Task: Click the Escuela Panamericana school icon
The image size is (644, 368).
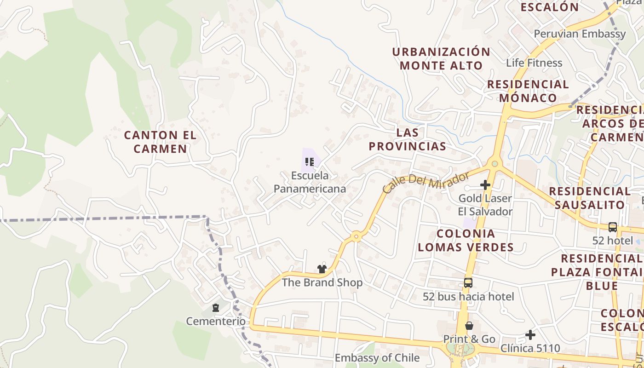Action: coord(310,162)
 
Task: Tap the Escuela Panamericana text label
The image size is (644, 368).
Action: coord(310,182)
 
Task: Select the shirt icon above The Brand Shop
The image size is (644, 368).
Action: coord(322,269)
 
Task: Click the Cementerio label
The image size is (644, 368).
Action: coord(216,321)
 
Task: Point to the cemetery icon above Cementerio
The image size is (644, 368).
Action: coord(216,308)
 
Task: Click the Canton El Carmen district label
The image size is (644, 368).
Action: coord(160,142)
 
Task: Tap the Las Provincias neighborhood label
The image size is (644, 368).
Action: coord(407,139)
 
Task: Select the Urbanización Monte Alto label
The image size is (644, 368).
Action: coord(441,58)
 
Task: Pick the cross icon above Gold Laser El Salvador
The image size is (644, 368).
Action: coord(485,185)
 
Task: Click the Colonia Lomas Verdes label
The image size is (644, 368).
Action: coord(466,240)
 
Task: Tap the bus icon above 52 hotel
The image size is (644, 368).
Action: coord(613,227)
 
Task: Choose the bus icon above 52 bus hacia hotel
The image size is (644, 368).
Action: coord(468,283)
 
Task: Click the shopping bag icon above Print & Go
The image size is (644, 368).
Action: coord(469,326)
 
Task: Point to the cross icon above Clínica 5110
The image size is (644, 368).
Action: coord(530,335)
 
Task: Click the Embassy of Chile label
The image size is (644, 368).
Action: coord(377,358)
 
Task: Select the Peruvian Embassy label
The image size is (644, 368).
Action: coord(580,34)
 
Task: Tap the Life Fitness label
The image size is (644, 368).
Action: coord(534,63)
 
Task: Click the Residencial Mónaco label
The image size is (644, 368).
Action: coord(528,91)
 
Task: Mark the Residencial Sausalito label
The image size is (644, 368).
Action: coord(590,198)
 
